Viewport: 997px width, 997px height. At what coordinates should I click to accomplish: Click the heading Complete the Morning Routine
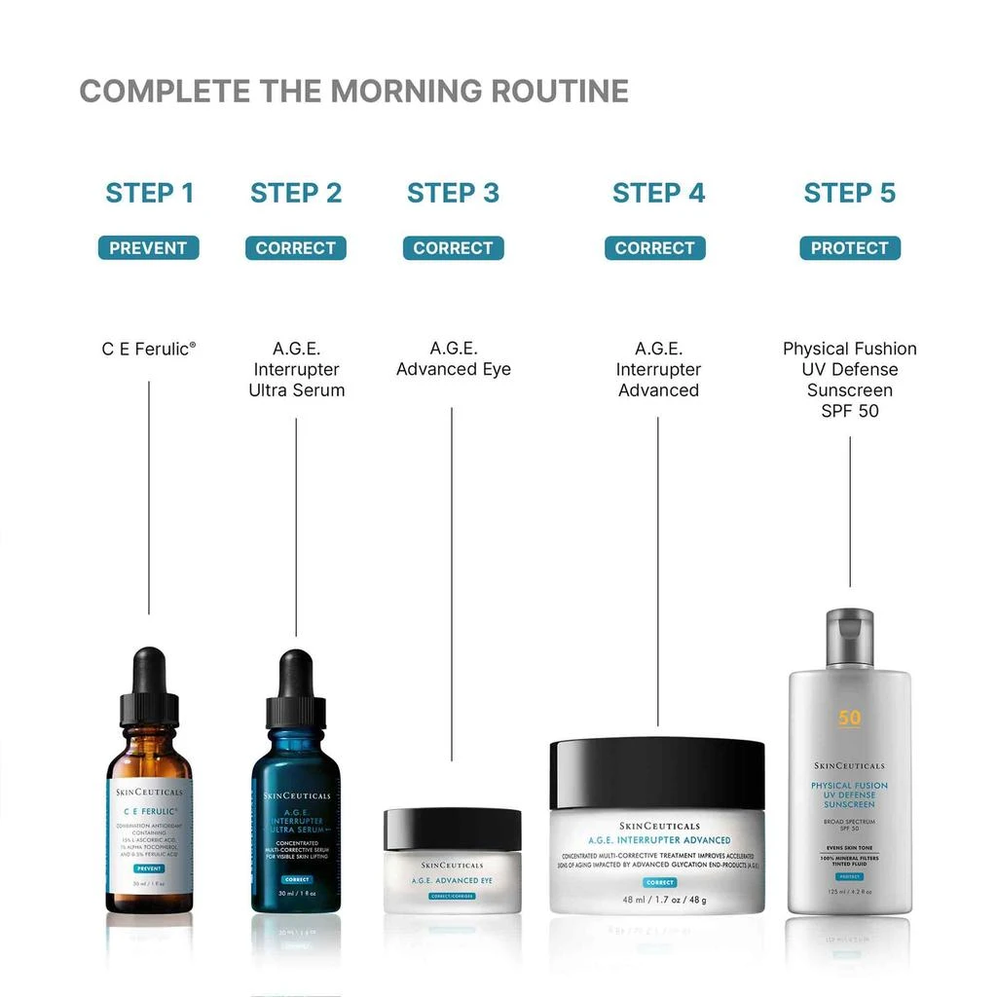353,92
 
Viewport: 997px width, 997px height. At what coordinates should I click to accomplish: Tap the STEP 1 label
150,193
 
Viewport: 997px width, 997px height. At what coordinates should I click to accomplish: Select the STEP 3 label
453,193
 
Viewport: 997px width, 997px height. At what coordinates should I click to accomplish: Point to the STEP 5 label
849,193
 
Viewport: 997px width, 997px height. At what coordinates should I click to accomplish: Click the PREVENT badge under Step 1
148,248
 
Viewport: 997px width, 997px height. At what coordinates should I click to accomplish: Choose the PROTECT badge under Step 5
849,248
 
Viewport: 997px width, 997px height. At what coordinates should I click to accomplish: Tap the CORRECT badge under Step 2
295,248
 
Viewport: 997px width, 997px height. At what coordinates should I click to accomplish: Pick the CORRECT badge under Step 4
654,248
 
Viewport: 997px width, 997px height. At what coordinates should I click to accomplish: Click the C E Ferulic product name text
148,349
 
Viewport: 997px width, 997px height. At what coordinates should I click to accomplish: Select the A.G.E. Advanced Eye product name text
453,358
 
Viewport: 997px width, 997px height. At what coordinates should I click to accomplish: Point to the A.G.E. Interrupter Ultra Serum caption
296,369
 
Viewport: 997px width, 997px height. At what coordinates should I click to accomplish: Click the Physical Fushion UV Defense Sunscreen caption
849,379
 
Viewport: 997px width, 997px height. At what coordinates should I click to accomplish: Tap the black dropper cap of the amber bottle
149,682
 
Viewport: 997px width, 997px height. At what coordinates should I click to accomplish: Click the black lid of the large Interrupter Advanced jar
657,773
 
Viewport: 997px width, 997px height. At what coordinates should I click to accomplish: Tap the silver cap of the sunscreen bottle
849,637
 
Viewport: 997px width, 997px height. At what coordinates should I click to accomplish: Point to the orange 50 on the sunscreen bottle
849,719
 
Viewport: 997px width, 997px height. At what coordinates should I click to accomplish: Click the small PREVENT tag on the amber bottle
148,868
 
